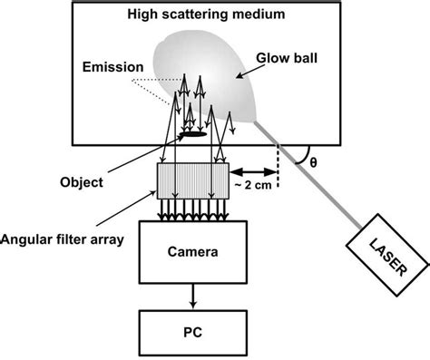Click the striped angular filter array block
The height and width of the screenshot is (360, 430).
pyautogui.click(x=192, y=182)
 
